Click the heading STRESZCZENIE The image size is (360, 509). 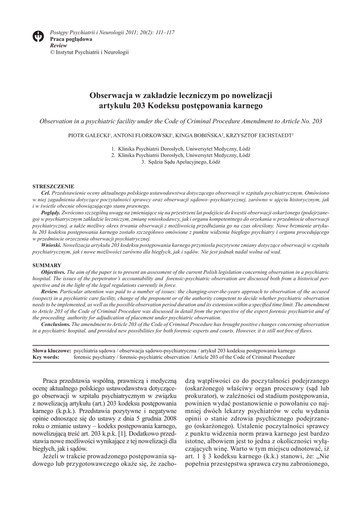click(x=53, y=185)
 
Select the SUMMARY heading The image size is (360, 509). click(x=47, y=265)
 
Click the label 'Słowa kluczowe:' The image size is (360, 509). click(x=51, y=350)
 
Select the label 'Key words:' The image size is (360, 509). click(x=46, y=357)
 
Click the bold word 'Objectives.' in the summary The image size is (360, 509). click(x=53, y=272)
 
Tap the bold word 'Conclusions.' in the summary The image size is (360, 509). click(x=55, y=324)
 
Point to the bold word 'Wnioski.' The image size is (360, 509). click(x=51, y=246)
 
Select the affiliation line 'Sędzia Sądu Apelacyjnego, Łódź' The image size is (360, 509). click(x=184, y=162)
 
